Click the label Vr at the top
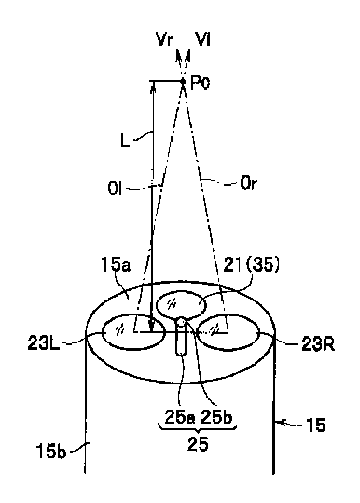tap(165, 40)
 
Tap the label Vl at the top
tap(203, 39)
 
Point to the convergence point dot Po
tap(183, 81)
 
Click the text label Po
tap(200, 83)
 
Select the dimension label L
tap(125, 140)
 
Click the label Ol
tap(115, 189)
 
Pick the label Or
tap(248, 184)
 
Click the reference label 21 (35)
tap(251, 266)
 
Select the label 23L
tap(44, 343)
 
